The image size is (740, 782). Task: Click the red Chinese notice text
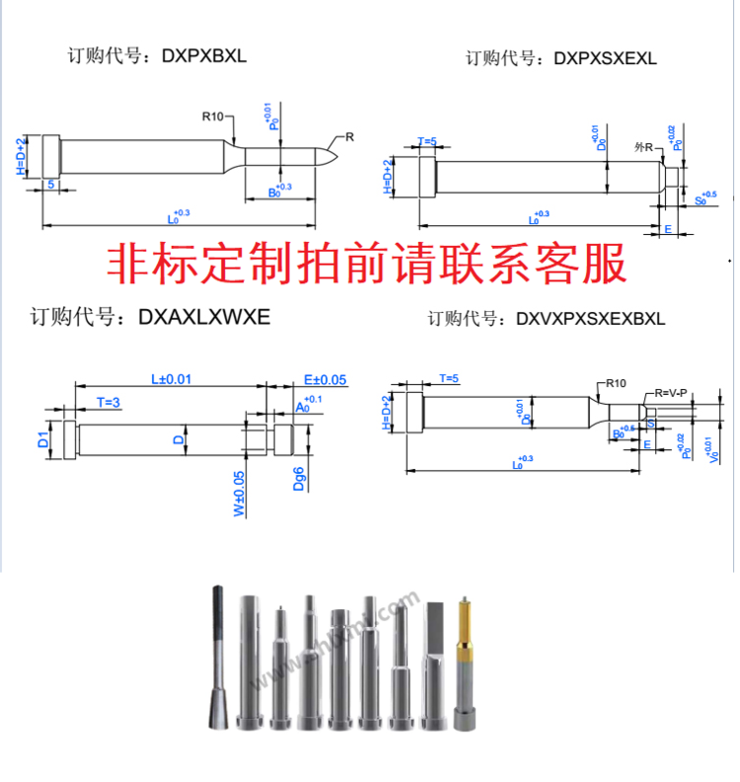[366, 265]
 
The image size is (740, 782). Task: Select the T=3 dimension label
[109, 401]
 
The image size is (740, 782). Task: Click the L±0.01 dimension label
[171, 379]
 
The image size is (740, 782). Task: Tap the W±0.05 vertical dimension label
[240, 491]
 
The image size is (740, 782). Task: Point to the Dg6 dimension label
[299, 480]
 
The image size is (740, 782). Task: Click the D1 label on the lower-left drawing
[43, 440]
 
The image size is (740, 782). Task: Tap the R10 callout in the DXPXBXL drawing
[214, 117]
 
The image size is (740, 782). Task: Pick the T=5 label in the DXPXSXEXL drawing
[427, 142]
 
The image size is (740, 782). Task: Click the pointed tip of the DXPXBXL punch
[336, 153]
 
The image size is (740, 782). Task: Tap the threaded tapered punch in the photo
[219, 662]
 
